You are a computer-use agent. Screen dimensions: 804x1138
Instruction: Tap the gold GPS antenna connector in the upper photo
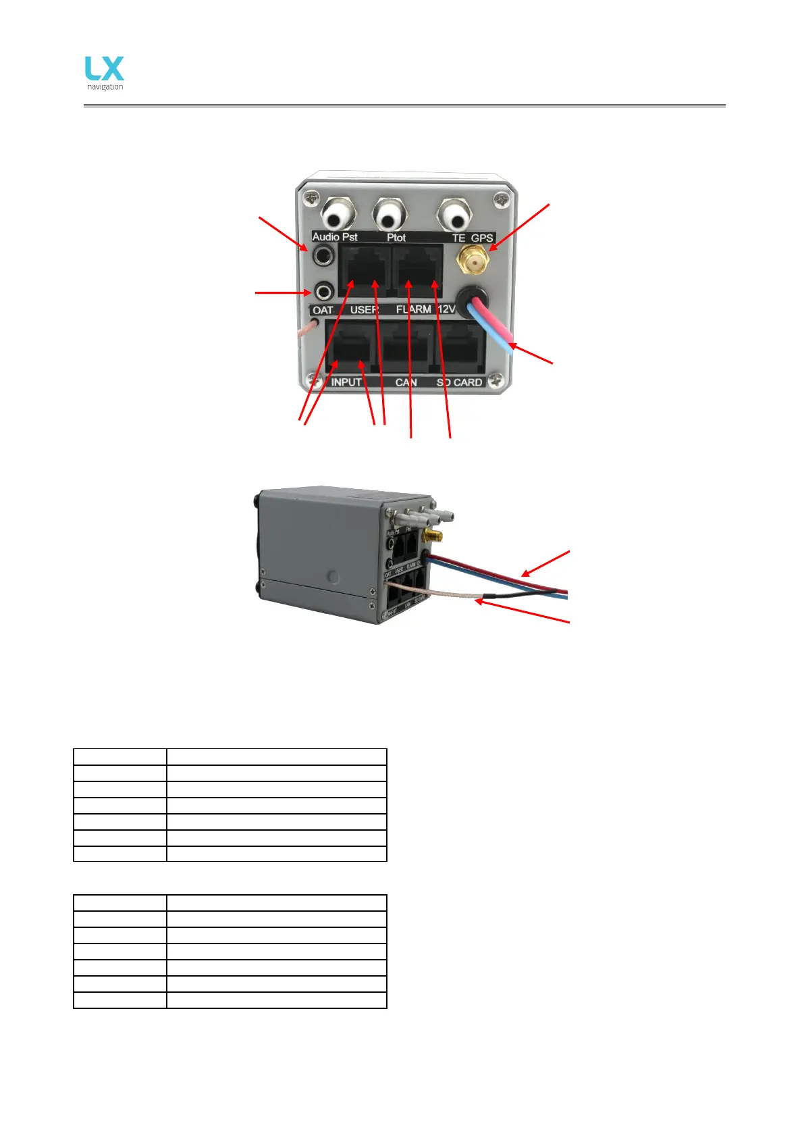click(474, 260)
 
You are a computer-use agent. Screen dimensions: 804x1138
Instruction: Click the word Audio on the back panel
click(326, 237)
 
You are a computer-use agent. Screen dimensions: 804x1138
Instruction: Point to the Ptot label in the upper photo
click(396, 238)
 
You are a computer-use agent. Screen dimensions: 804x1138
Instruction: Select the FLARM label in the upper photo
click(413, 309)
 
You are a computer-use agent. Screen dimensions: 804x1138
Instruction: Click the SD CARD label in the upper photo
click(459, 382)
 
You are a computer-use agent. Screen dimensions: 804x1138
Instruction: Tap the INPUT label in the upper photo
click(346, 382)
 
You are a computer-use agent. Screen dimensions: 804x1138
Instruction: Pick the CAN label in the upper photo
click(406, 382)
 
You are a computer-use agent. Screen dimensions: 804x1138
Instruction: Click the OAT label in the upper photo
click(323, 310)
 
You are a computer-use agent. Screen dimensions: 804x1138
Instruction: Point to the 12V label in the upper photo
click(446, 309)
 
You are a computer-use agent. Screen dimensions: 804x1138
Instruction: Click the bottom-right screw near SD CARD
click(498, 382)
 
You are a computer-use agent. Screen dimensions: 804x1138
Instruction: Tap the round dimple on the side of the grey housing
click(333, 576)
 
